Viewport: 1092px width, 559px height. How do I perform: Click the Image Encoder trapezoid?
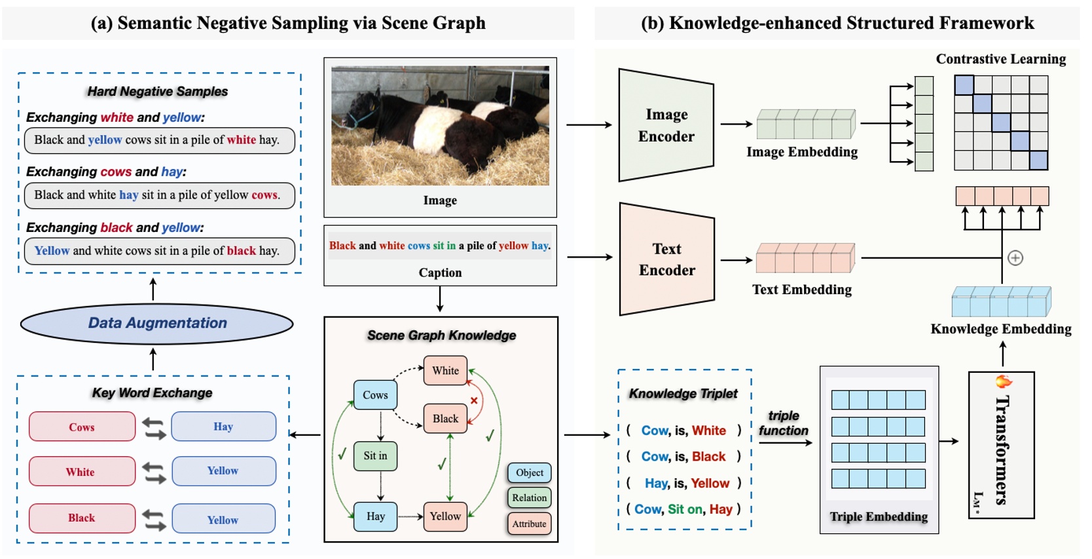[666, 125]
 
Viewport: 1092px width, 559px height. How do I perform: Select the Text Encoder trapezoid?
[666, 260]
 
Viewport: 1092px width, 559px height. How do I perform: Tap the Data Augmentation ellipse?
[157, 323]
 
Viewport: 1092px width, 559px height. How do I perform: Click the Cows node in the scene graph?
[375, 395]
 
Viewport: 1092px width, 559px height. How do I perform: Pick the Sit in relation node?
[375, 455]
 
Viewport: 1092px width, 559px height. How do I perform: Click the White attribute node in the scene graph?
[445, 370]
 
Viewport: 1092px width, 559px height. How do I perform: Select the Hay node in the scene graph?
[375, 516]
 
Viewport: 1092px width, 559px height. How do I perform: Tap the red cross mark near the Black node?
[474, 400]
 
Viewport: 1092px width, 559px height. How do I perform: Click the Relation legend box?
[529, 497]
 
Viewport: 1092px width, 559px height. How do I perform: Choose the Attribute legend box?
[529, 524]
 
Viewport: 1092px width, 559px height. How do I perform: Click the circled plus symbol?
[1015, 258]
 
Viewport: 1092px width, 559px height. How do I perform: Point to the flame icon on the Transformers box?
[1003, 381]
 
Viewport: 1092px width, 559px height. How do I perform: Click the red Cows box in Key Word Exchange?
[82, 427]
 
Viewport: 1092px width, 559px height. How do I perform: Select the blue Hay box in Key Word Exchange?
[223, 426]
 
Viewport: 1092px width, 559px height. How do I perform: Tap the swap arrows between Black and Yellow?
[154, 519]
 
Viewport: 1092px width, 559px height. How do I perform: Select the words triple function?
[783, 423]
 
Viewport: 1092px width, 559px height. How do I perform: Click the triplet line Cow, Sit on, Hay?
[683, 509]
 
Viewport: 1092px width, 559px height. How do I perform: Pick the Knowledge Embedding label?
[1000, 329]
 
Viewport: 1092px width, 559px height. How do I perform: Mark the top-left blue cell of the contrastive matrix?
[964, 85]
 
